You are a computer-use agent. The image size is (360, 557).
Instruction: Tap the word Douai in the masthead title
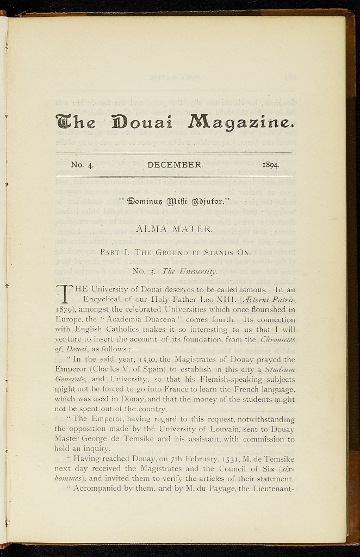pos(141,122)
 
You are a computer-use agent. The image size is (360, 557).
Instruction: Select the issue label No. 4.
pos(83,164)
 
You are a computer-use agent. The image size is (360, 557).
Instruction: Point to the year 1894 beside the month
pos(270,164)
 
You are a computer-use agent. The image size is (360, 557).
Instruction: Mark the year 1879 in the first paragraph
pos(66,309)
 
